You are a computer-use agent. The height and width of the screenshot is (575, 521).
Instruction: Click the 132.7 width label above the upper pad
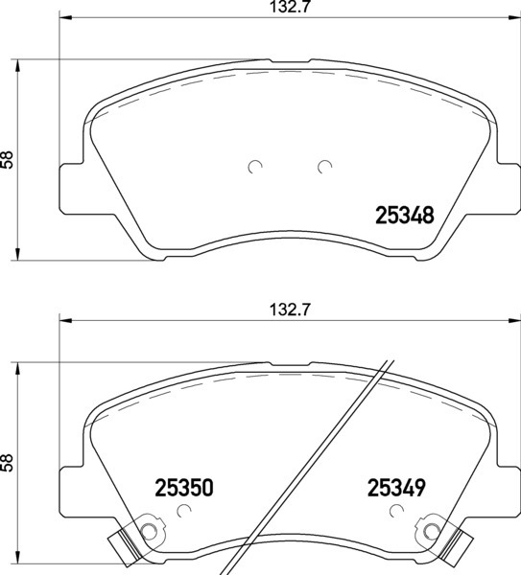point(290,7)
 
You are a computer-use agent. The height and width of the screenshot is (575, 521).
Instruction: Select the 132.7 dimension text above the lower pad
point(290,310)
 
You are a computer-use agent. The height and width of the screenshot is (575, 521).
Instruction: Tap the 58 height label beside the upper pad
point(7,159)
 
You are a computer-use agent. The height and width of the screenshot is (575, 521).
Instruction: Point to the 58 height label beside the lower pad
point(7,463)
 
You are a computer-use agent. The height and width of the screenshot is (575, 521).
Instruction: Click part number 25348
point(405,216)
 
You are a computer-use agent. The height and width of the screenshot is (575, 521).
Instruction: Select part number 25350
point(184,488)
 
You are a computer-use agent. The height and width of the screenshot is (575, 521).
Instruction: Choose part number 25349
point(396,488)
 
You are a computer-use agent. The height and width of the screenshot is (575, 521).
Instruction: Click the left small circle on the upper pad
point(255,167)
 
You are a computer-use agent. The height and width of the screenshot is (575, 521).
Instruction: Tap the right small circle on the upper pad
point(324,167)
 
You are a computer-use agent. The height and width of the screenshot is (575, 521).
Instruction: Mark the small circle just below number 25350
point(183,511)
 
